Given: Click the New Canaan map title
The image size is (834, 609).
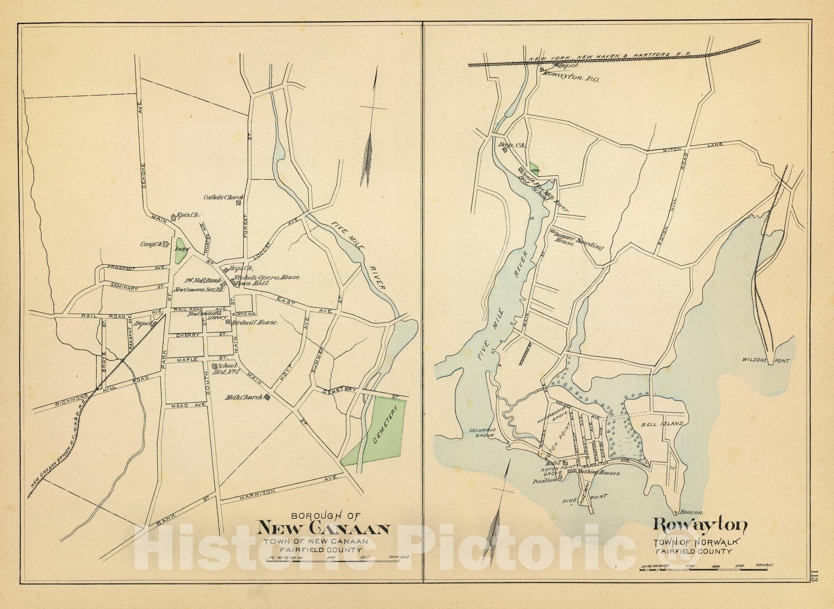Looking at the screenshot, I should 324,529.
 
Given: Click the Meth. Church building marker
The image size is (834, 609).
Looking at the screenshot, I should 267,397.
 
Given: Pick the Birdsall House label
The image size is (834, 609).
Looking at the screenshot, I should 255,323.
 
